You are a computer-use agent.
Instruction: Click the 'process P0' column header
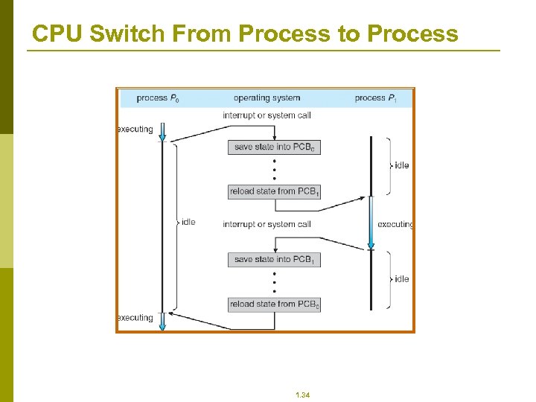pos(158,98)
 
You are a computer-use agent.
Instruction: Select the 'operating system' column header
pos(267,98)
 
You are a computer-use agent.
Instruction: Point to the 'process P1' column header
pos(375,98)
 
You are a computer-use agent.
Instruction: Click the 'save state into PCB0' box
pos(274,147)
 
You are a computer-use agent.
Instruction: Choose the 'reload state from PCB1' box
pos(274,191)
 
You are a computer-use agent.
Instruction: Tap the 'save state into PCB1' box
pos(274,260)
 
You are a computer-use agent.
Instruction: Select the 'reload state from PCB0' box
pos(274,304)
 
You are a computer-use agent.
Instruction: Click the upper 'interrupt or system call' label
pos(267,115)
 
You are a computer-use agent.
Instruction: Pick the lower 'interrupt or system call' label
pos(267,224)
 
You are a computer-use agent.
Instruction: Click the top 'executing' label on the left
pos(135,129)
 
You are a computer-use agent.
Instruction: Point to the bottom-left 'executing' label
pos(135,318)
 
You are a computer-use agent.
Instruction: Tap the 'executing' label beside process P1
pos(395,224)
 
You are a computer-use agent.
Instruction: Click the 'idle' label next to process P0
pos(188,222)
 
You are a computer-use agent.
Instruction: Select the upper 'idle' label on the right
pos(401,165)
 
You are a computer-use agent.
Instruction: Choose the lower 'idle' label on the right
pos(401,279)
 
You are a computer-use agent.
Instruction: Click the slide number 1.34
pos(302,395)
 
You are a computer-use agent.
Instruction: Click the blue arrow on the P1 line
pos(371,223)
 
